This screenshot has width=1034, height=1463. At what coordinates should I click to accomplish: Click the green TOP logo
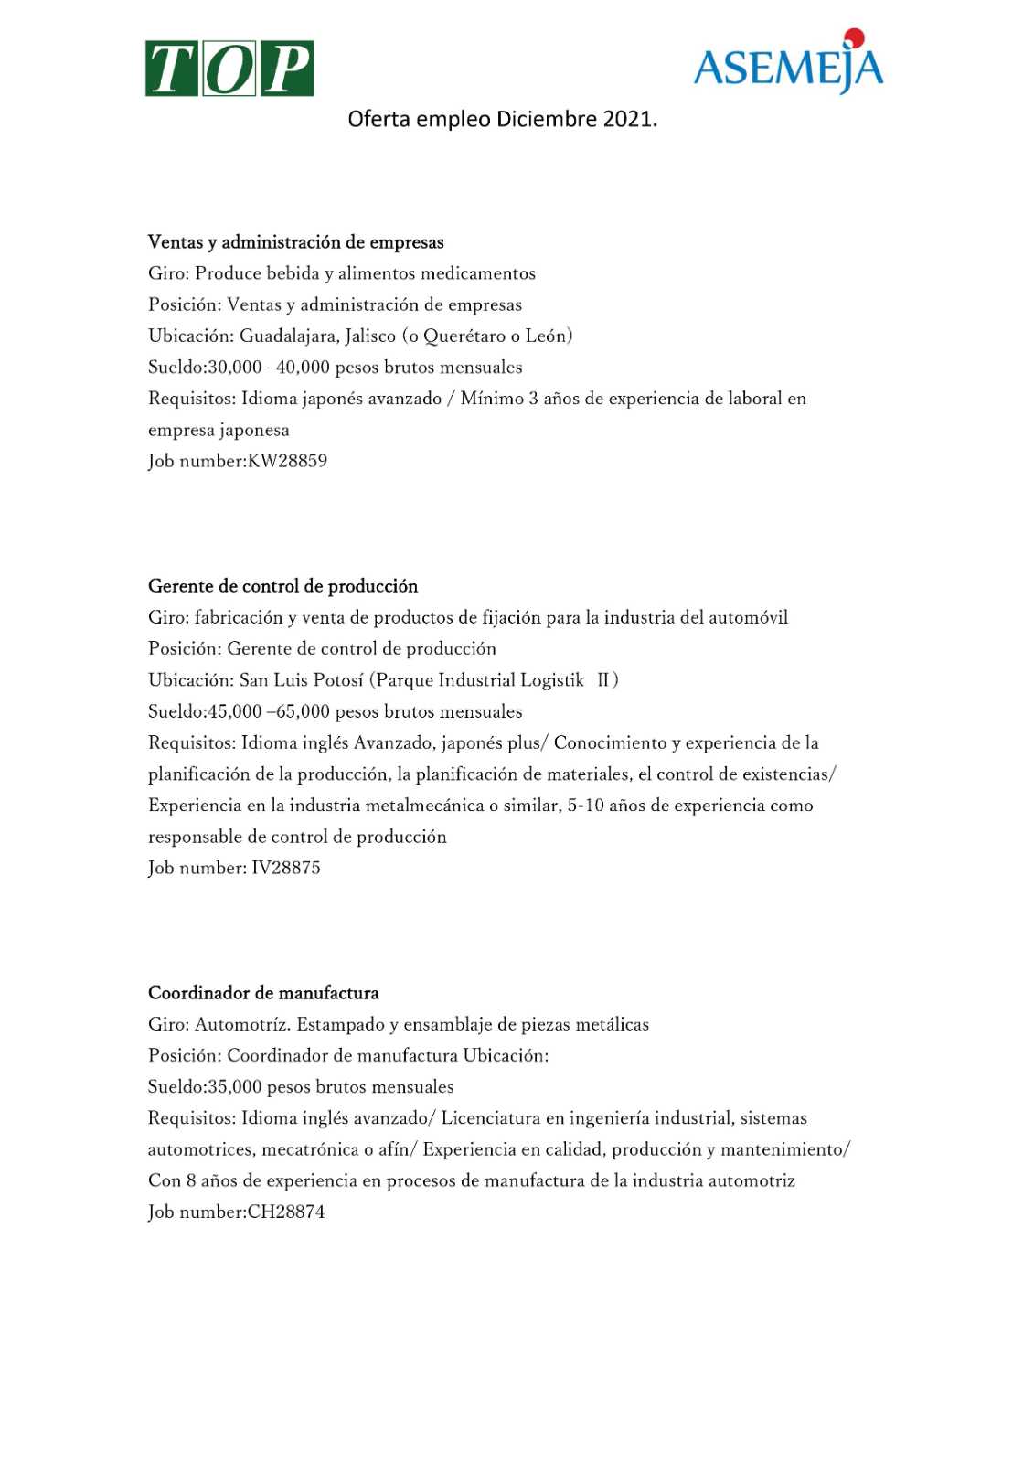(229, 69)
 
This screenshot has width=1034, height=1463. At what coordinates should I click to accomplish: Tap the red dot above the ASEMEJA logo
(854, 37)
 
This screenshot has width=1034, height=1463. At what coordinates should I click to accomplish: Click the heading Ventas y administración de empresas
(296, 242)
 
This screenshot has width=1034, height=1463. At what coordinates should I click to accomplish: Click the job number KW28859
(287, 461)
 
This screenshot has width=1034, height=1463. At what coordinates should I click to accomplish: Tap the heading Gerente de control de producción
(283, 586)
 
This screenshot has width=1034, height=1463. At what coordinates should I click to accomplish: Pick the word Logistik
(552, 680)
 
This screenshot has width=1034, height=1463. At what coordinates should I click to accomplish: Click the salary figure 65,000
(303, 711)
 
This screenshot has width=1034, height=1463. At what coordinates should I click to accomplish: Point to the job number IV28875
(286, 868)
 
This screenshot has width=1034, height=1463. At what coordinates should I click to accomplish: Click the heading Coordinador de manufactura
(263, 993)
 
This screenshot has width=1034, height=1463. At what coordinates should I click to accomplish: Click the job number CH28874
(286, 1212)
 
